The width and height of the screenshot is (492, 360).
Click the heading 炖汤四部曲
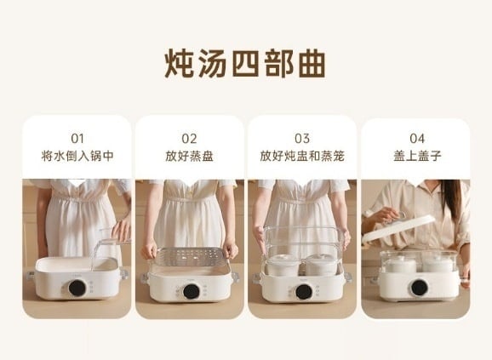245,64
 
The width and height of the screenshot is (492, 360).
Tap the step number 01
77,138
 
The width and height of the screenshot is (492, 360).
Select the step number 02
189,138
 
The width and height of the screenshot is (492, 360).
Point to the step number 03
302,138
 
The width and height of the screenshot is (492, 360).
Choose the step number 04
417,138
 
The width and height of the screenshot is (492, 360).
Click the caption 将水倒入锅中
77,156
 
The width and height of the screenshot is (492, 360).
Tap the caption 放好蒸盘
189,156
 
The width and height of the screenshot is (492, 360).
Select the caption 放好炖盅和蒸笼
302,156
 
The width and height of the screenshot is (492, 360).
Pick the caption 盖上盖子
417,156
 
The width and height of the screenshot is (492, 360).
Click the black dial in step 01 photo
77,288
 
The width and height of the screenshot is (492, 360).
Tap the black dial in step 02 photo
192,291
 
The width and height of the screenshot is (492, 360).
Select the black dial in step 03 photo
304,292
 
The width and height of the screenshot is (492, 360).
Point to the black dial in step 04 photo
420,288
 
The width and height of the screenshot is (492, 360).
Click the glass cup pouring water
115,235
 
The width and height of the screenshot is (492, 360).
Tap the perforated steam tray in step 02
190,256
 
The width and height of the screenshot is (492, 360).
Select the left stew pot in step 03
283,266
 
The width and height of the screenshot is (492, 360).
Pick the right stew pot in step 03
321,266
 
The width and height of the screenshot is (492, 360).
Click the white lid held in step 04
398,228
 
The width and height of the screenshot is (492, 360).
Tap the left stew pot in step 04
401,264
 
